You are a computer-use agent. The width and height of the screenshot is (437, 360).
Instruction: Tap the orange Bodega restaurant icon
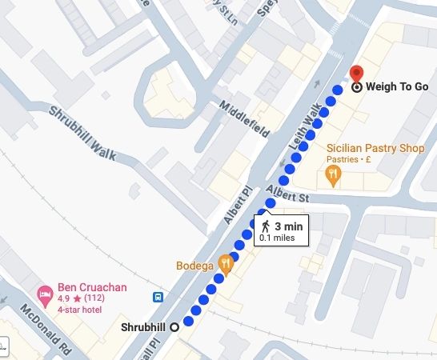click(227, 263)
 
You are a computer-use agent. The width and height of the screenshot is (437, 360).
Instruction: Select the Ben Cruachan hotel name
click(92, 286)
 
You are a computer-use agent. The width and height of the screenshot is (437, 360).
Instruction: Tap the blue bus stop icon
click(158, 297)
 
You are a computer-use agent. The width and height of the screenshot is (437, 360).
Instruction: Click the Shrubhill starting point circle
click(174, 326)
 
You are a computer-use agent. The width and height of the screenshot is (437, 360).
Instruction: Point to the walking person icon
click(265, 227)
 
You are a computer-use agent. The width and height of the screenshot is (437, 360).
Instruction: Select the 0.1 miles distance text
click(277, 238)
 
